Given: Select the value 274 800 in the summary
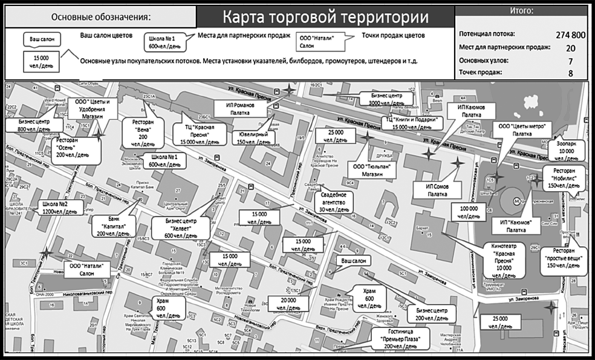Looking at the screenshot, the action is pyautogui.click(x=570, y=35).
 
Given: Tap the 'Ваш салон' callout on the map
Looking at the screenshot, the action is pyautogui.click(x=354, y=261).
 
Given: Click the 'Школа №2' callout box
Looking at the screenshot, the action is pyautogui.click(x=58, y=207).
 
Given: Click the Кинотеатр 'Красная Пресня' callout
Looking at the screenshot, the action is pyautogui.click(x=500, y=258).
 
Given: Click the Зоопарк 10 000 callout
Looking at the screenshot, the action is pyautogui.click(x=567, y=149).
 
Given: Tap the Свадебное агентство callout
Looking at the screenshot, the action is pyautogui.click(x=333, y=202).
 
